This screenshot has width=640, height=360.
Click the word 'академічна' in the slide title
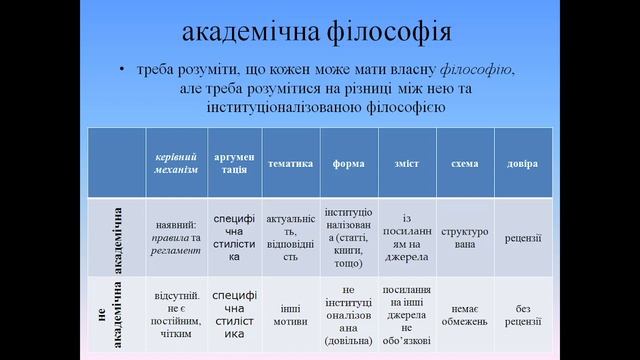pyautogui.click(x=243, y=33)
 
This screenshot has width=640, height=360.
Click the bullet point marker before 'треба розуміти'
pyautogui.click(x=122, y=71)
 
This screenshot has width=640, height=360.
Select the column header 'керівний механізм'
pyautogui.click(x=178, y=162)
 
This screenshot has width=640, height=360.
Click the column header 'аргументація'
pyautogui.click(x=234, y=162)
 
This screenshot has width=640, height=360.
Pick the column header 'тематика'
pyautogui.click(x=290, y=163)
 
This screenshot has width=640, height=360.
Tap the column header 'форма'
pyautogui.click(x=348, y=163)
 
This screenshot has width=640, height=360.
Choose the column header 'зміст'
pyautogui.click(x=406, y=163)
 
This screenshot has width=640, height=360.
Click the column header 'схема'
pyautogui.click(x=464, y=163)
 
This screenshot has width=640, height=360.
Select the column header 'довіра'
pyautogui.click(x=522, y=163)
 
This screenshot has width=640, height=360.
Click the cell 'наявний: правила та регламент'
pyautogui.click(x=178, y=238)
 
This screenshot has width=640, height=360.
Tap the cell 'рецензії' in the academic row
pyautogui.click(x=522, y=238)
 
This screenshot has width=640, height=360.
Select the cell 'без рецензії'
pyautogui.click(x=522, y=316)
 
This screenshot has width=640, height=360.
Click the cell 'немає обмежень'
pyautogui.click(x=464, y=316)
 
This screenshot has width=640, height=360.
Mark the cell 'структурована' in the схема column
pyautogui.click(x=464, y=238)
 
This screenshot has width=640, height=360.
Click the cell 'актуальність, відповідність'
pyautogui.click(x=290, y=238)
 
